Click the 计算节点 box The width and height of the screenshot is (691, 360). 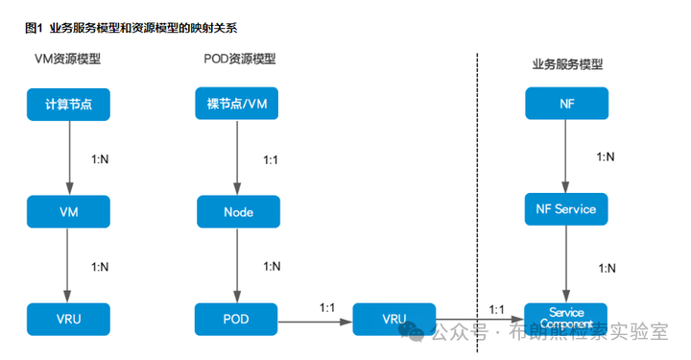(x=68, y=104)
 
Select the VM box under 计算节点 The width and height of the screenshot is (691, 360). (x=68, y=210)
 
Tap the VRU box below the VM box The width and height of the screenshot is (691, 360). (x=68, y=319)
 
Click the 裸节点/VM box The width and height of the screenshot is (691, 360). (x=238, y=104)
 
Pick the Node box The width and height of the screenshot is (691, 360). (x=238, y=211)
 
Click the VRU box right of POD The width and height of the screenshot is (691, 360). (x=393, y=319)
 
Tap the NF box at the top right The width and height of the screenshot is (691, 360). (x=566, y=104)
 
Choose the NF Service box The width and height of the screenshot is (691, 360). (x=566, y=208)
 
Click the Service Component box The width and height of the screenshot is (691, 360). (x=566, y=319)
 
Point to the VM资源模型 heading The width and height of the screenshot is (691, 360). (x=68, y=60)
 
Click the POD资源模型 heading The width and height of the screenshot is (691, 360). (x=240, y=59)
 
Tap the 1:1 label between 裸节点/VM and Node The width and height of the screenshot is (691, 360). (x=272, y=158)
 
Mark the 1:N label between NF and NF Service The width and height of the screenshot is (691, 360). (x=607, y=156)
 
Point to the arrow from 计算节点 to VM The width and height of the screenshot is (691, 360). (x=68, y=156)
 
